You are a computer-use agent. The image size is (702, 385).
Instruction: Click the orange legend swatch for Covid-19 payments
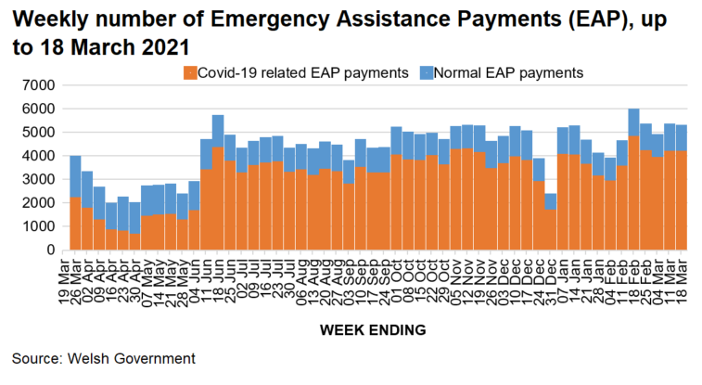[190, 72]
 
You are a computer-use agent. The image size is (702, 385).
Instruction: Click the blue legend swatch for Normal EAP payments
[427, 72]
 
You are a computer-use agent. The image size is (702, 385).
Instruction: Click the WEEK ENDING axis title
[373, 329]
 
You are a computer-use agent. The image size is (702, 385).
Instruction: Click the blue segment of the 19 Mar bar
[75, 176]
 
